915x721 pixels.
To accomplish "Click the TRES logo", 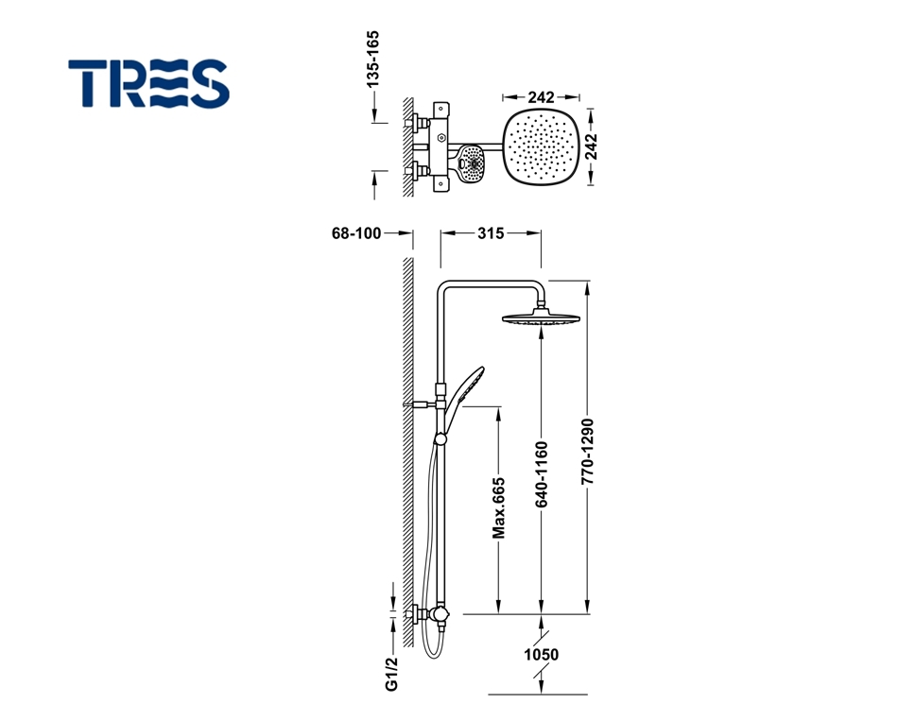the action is click(148, 83).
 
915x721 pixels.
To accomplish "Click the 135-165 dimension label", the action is click(372, 59).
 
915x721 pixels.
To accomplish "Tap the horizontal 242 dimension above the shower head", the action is click(541, 96).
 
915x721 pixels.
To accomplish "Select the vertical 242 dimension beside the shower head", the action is click(591, 146).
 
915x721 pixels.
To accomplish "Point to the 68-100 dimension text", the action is click(356, 233).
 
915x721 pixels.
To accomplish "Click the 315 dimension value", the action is click(491, 233).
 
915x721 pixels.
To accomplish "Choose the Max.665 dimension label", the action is click(498, 508).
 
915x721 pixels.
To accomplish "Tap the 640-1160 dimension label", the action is click(542, 474).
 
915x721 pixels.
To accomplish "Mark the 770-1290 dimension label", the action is click(587, 451).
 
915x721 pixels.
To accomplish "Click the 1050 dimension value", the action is click(541, 655).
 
